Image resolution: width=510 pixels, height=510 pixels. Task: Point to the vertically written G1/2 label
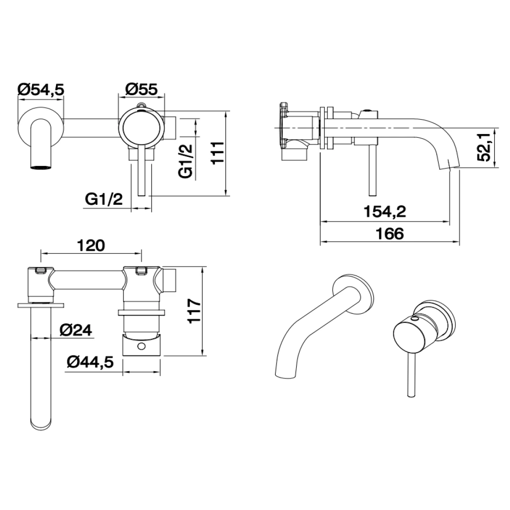(x=187, y=161)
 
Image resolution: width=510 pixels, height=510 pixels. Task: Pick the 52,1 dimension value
(x=488, y=147)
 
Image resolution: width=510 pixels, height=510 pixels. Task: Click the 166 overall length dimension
(x=389, y=233)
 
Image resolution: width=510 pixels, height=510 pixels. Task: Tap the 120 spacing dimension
(x=90, y=245)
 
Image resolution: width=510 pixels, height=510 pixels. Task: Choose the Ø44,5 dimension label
(x=90, y=363)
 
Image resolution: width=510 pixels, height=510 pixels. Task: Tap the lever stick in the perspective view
(x=410, y=378)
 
